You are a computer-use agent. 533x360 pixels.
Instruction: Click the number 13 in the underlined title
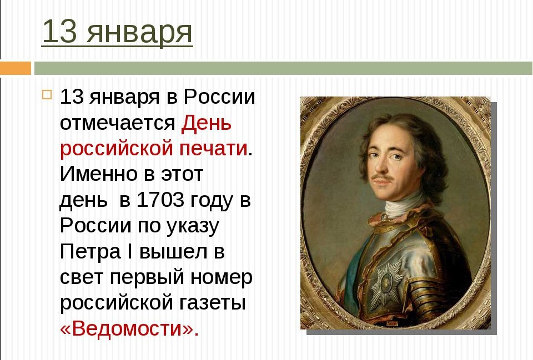59,31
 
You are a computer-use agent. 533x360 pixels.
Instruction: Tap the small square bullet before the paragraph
47,94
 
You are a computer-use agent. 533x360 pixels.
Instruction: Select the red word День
206,123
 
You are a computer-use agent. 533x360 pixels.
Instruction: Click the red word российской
117,149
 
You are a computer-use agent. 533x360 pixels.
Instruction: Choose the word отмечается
118,123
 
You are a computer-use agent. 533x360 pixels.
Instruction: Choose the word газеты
212,303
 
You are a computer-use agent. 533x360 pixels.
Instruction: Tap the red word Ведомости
128,328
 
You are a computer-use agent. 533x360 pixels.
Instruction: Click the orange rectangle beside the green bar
16,68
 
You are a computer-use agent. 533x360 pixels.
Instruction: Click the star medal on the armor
386,283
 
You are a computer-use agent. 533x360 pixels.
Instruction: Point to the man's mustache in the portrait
383,178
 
